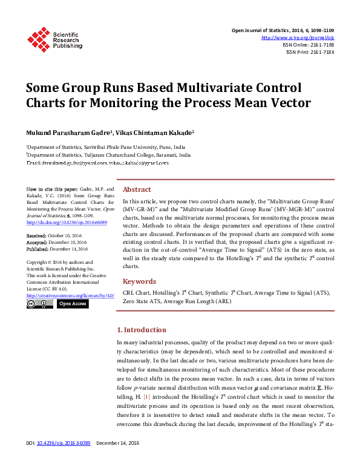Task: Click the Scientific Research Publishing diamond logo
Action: tap(39, 38)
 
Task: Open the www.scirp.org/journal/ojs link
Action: tap(297, 38)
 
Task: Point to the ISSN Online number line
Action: tap(308, 45)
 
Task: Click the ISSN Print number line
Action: tap(310, 52)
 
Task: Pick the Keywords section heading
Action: tap(139, 281)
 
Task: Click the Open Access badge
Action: tap(73, 304)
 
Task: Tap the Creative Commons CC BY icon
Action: tap(39, 304)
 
